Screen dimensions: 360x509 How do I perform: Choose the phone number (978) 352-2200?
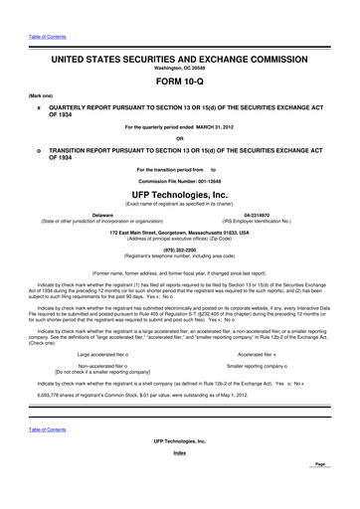click(x=180, y=250)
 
